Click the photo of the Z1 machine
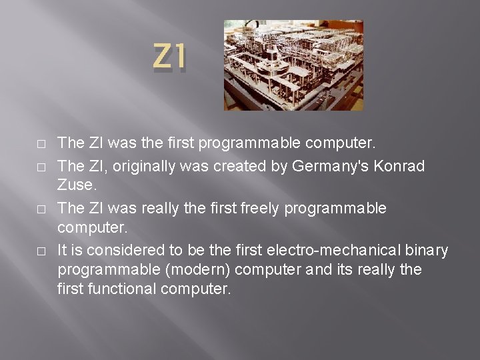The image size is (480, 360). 293,65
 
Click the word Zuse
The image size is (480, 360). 76,187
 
